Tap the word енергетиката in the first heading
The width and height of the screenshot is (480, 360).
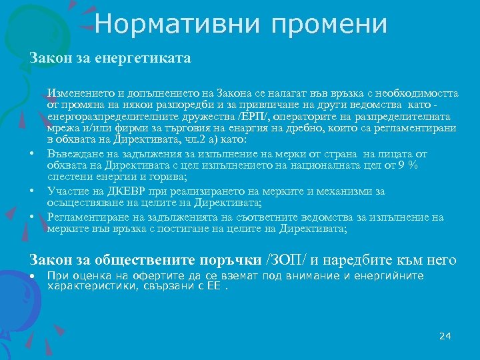pyautogui.click(x=150, y=59)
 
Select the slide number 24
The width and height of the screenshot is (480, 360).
pyautogui.click(x=445, y=336)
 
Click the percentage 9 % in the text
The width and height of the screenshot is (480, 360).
pyautogui.click(x=408, y=167)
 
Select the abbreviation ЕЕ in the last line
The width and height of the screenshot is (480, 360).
pyautogui.click(x=214, y=287)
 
